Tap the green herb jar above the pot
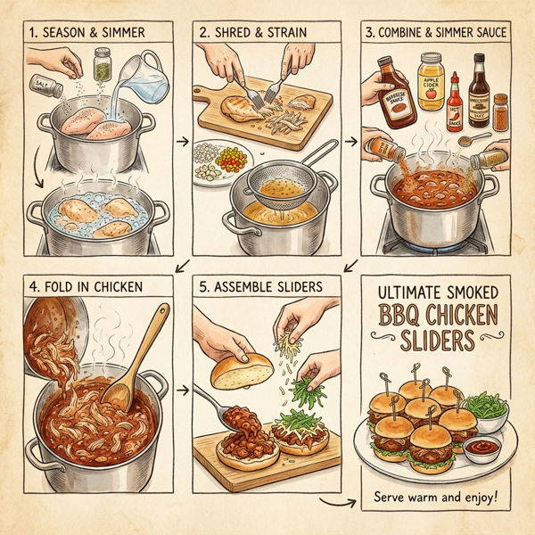pyautogui.click(x=103, y=63)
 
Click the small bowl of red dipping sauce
pyautogui.click(x=481, y=447)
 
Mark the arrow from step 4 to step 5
pyautogui.click(x=181, y=389)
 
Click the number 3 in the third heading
pyautogui.click(x=370, y=33)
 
